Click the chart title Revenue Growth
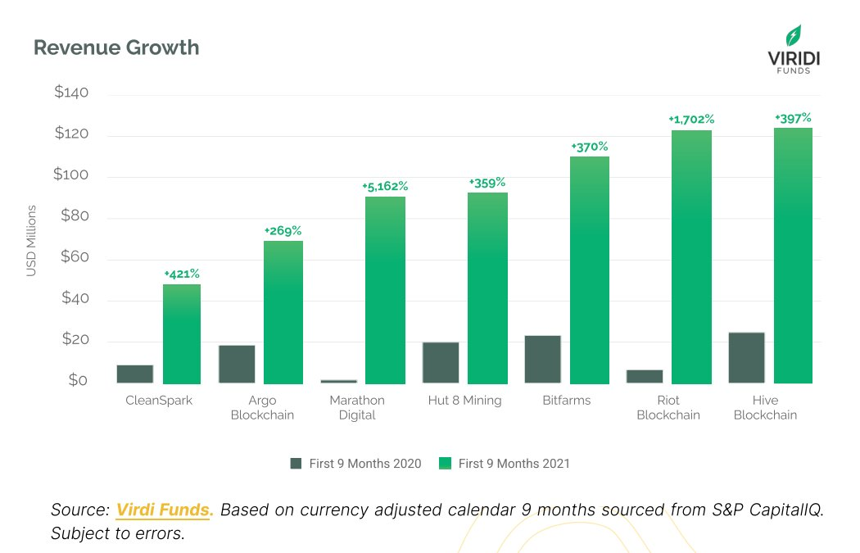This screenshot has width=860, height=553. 115,48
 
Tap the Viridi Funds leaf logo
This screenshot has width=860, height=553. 793,36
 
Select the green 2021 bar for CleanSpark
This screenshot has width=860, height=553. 182,334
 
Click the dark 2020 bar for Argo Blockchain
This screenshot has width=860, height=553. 237,364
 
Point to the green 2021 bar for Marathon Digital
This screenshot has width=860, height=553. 385,291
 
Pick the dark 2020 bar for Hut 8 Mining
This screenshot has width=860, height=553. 441,362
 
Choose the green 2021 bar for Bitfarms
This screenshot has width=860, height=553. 590,270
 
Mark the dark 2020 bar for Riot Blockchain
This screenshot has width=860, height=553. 645,376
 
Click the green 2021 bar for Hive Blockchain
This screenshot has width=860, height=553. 793,256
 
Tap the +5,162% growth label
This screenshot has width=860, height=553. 385,186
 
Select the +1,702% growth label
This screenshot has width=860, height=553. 691,120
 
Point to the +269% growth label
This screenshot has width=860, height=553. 283,230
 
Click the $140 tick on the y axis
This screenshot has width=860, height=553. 71,93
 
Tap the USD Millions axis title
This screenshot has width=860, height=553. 32,242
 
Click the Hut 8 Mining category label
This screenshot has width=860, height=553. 464,401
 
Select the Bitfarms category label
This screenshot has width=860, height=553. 566,401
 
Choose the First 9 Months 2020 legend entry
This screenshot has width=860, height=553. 356,464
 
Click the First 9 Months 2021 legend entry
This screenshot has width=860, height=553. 505,464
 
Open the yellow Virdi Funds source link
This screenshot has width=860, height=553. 165,510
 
